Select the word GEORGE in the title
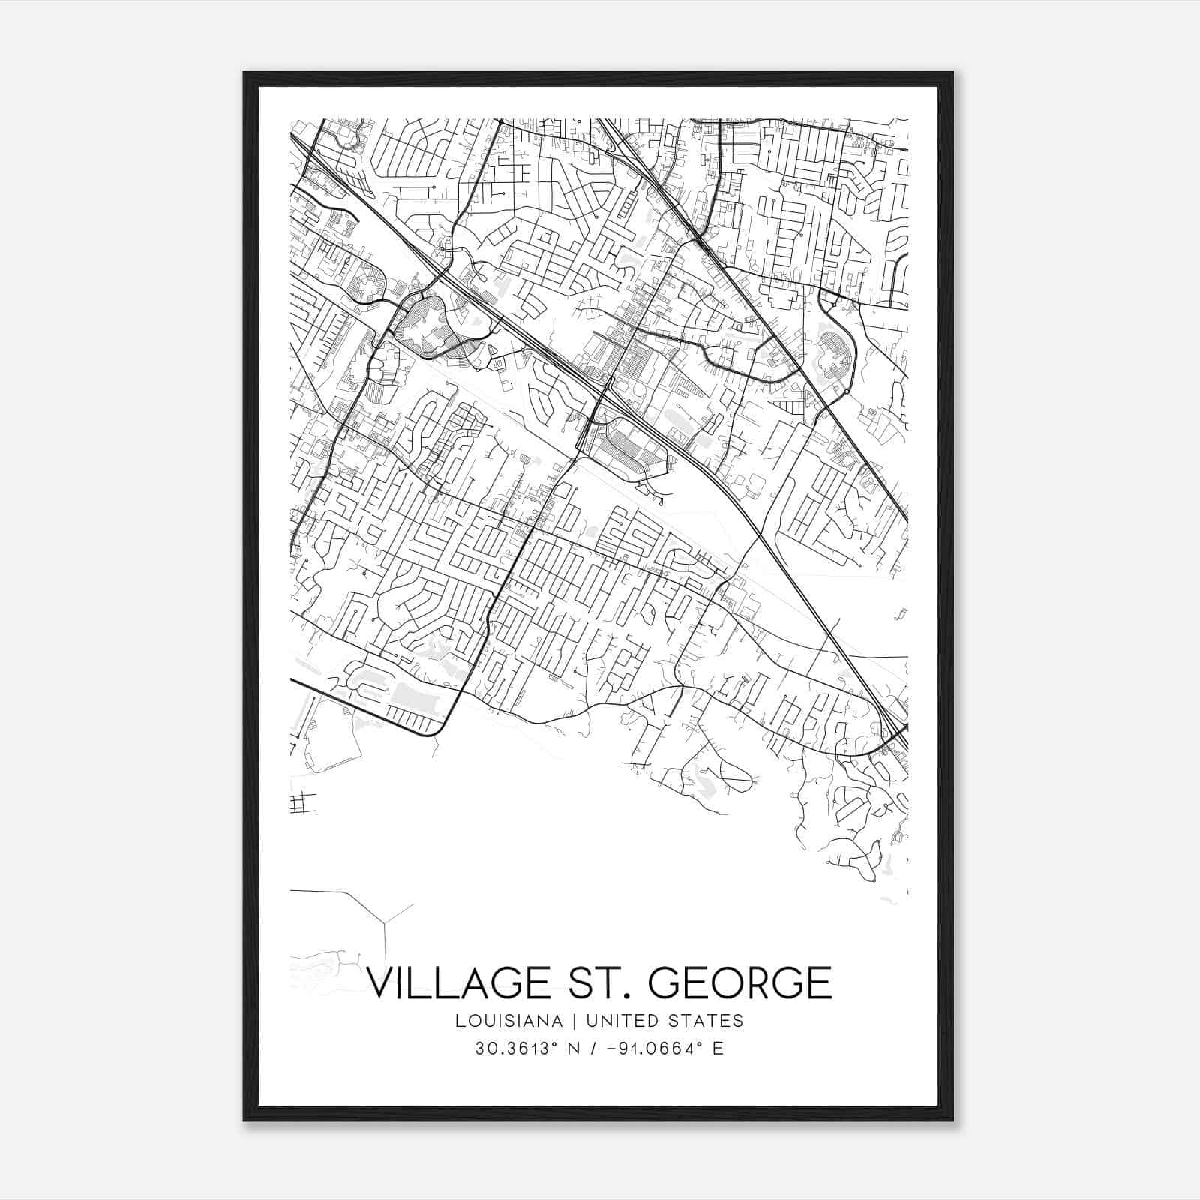click(739, 982)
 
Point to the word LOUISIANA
click(508, 1021)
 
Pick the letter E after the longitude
click(718, 1048)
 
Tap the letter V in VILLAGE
click(382, 982)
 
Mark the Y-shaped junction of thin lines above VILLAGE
click(385, 921)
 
